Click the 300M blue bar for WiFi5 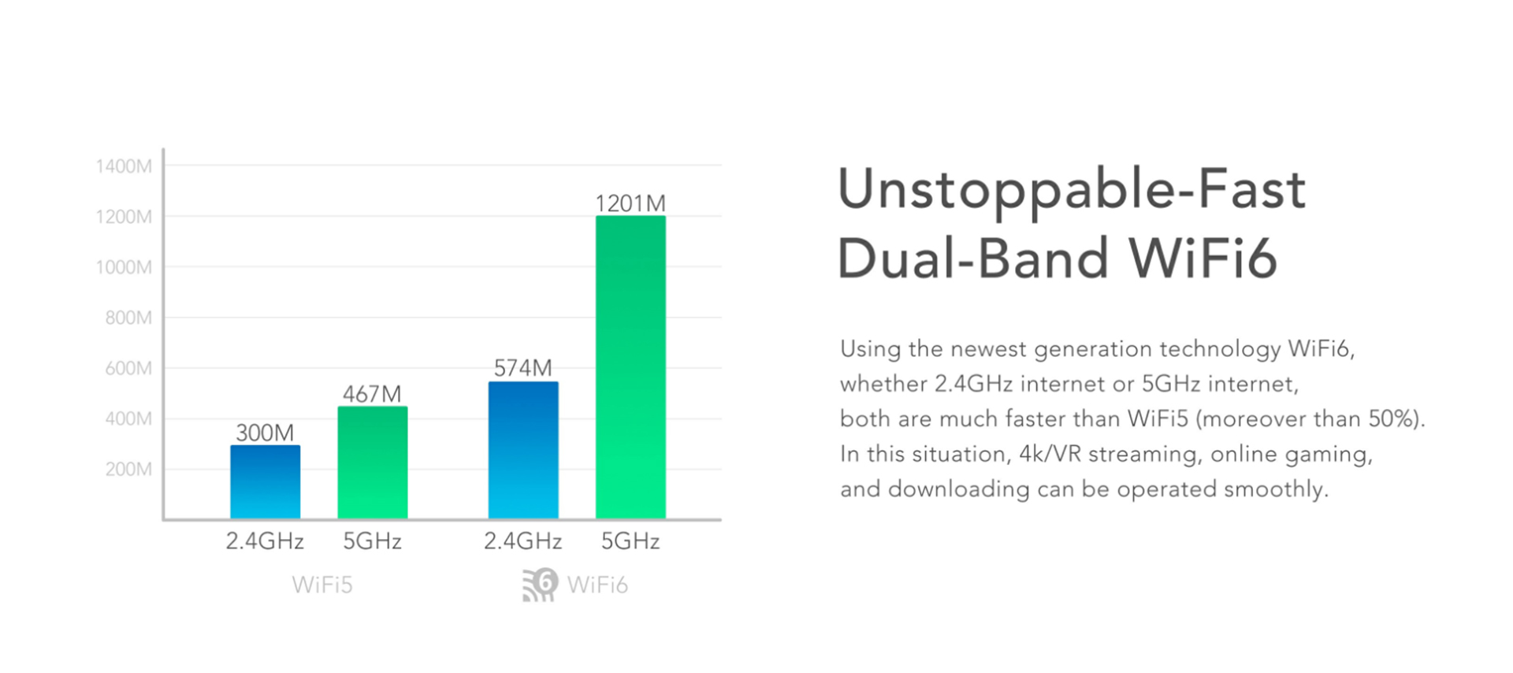tap(265, 482)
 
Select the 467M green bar tap(373, 463)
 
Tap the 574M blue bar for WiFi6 tap(523, 450)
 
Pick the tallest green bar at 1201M tap(630, 367)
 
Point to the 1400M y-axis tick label tap(124, 166)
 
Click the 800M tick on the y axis tap(128, 318)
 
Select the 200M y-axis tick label tap(128, 470)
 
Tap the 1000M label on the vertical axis tap(124, 267)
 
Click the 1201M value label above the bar tap(630, 203)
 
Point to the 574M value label tap(523, 368)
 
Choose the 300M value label tap(265, 433)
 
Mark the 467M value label tap(372, 394)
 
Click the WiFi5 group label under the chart tap(322, 585)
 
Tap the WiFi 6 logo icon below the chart tap(541, 585)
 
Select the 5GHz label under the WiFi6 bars tap(630, 541)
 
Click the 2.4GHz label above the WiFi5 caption tap(265, 541)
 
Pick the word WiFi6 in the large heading tap(1203, 258)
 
